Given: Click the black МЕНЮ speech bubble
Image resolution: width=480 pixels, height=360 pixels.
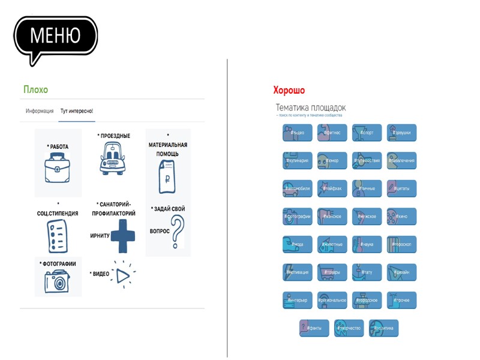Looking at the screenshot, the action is [x=55, y=36].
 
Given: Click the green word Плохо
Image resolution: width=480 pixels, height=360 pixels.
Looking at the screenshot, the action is [x=35, y=89].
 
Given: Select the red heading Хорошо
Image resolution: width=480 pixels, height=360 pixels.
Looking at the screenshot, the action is [x=289, y=91].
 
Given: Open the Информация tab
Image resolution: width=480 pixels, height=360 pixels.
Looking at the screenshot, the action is [x=40, y=111].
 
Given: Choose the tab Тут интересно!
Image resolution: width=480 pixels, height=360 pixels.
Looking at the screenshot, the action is [x=77, y=111].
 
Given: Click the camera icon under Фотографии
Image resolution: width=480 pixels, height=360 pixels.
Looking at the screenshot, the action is [x=58, y=281].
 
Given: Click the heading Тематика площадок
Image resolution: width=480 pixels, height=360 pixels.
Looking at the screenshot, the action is [x=310, y=107].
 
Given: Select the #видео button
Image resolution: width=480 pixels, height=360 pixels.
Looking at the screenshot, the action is [x=298, y=133].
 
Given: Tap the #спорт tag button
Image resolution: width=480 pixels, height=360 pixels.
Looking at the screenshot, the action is [x=367, y=133].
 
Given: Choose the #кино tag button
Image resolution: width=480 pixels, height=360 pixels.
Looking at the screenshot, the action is [x=402, y=216].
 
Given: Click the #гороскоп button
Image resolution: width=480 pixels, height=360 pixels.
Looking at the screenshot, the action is [x=402, y=244].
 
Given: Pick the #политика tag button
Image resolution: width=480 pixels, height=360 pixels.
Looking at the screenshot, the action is [x=384, y=328].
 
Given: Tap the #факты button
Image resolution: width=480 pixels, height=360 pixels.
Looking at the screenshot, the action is [x=314, y=328].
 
